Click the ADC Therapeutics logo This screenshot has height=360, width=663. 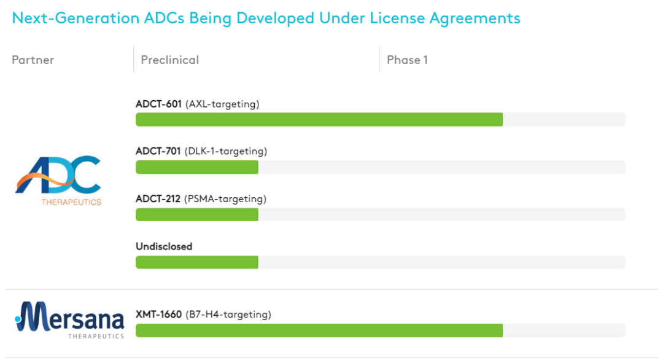(58, 179)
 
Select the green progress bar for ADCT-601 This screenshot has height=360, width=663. (319, 119)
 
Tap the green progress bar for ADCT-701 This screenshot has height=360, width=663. (196, 167)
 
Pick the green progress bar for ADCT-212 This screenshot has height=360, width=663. (196, 214)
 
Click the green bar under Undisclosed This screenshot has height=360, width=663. (196, 262)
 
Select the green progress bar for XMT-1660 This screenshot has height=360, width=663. (319, 331)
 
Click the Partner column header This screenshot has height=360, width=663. (33, 60)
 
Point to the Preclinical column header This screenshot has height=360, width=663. (170, 60)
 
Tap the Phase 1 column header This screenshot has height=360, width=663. (407, 60)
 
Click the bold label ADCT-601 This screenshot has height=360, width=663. (158, 104)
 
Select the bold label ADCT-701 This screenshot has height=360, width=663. (158, 152)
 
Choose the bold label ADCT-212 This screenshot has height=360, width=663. (158, 199)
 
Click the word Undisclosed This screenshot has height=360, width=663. (164, 247)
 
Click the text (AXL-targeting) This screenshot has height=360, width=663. (222, 104)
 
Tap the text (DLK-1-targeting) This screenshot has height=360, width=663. (226, 152)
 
